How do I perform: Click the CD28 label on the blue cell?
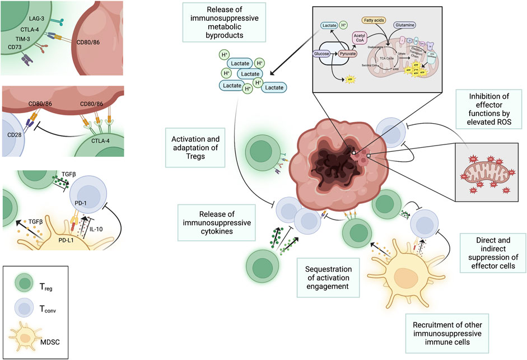tap(13, 134)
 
